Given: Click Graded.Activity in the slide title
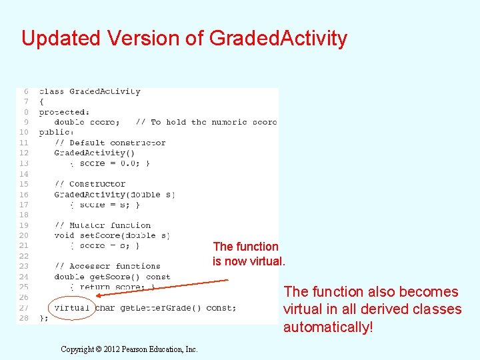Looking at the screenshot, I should pos(278,38).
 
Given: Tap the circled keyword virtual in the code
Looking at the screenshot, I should pos(71,308).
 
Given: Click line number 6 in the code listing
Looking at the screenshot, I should pos(26,91).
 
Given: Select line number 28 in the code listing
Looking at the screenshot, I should pos(24,318).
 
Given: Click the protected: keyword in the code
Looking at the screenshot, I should pos(64,112).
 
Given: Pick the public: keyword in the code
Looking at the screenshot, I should pos(56,132).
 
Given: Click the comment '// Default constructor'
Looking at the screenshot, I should pos(110,143).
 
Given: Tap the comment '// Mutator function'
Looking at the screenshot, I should pos(103,225).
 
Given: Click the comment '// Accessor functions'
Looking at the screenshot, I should pos(107,266).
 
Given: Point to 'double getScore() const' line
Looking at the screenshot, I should pos(112,277).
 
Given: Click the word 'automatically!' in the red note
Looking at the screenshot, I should pos(327,327).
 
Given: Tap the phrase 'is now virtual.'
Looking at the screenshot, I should pos(249,261).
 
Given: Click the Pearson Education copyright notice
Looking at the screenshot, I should pos(129,349).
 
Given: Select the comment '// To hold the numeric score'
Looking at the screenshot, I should pos(206,122).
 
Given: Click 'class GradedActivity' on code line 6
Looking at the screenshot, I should pos(89,91).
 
